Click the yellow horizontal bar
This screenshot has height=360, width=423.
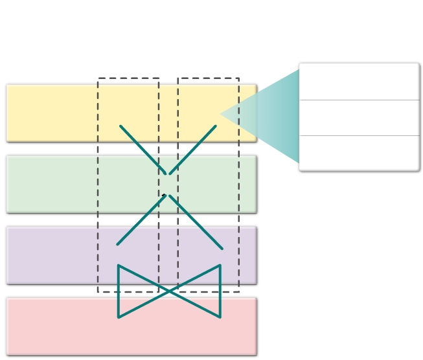[52, 112]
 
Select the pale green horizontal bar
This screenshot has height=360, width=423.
[52, 183]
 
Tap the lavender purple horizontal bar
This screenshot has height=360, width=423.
[52, 254]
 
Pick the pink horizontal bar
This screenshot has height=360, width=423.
[52, 326]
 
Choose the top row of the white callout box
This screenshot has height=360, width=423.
[359, 82]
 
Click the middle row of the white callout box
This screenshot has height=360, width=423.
[359, 118]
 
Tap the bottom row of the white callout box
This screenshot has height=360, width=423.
[359, 153]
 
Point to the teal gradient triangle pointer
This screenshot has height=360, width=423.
[272, 115]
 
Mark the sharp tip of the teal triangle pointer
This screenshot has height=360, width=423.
[221, 114]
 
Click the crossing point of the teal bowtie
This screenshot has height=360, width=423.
[169, 291]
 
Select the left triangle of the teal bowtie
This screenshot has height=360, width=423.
[133, 291]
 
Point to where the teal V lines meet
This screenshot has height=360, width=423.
[169, 174]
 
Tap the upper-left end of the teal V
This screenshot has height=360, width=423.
[120, 126]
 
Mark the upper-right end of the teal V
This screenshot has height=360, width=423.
[216, 126]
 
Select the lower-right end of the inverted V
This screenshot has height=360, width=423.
[222, 249]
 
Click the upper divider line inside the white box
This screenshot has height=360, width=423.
[359, 100]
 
